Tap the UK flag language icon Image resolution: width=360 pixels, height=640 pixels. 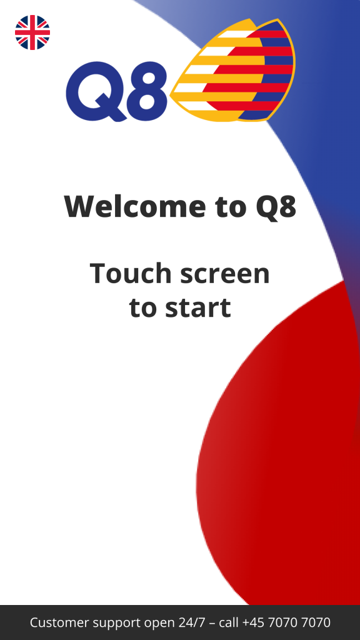click(x=32, y=32)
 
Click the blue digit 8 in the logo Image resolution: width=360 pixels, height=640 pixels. click(x=147, y=91)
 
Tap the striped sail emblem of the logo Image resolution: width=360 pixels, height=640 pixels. click(x=232, y=70)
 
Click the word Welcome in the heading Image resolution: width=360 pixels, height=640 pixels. click(x=136, y=206)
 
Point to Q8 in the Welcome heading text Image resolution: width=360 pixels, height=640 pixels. click(x=276, y=207)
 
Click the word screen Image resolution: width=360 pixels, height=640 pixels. click(x=225, y=274)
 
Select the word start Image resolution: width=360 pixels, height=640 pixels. click(x=198, y=307)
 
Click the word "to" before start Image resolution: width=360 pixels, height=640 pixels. click(x=143, y=307)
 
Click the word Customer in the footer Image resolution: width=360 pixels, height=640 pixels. click(x=59, y=622)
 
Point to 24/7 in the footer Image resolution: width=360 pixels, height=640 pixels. click(x=192, y=622)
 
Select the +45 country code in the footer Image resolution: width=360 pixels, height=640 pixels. click(x=254, y=622)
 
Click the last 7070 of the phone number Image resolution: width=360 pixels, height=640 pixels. click(x=316, y=622)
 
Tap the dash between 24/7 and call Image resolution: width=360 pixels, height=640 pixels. click(x=212, y=624)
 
